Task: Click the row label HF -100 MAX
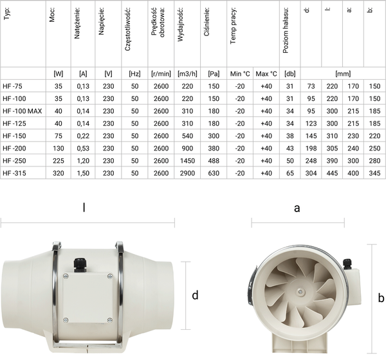pyautogui.click(x=23, y=111)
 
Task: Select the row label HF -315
pyautogui.click(x=16, y=172)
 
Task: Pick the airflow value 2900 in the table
pyautogui.click(x=187, y=172)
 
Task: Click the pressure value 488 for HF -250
pyautogui.click(x=213, y=160)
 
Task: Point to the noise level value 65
pyautogui.click(x=289, y=172)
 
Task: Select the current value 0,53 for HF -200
pyautogui.click(x=82, y=148)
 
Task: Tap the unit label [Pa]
pyautogui.click(x=213, y=73)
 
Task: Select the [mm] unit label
pyautogui.click(x=342, y=73)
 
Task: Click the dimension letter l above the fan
pyautogui.click(x=84, y=208)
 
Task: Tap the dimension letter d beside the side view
pyautogui.click(x=196, y=295)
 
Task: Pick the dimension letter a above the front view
pyautogui.click(x=297, y=208)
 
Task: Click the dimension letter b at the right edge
pyautogui.click(x=381, y=297)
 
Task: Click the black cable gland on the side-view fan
pyautogui.click(x=80, y=263)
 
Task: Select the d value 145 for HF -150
pyautogui.click(x=311, y=136)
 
